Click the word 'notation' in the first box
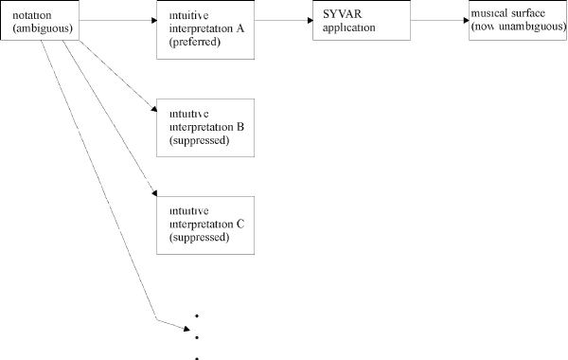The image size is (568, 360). [x=32, y=15]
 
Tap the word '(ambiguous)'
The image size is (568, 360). [x=43, y=28]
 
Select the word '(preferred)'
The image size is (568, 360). [x=195, y=42]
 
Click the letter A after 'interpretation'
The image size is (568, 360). [x=240, y=28]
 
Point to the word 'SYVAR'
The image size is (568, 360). [x=343, y=14]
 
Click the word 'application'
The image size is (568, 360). [x=348, y=27]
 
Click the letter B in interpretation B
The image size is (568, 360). [x=240, y=127]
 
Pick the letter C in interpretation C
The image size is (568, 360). [x=240, y=224]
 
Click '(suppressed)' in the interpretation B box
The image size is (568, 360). [x=199, y=140]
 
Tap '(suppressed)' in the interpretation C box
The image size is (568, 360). [x=199, y=238]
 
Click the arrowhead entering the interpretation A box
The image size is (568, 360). [x=154, y=20]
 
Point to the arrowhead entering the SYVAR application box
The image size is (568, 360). [x=311, y=20]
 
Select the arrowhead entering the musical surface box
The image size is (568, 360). [x=467, y=20]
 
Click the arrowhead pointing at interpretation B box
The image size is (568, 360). [x=154, y=109]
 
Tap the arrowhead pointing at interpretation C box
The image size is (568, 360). [x=154, y=193]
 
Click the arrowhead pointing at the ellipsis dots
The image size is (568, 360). [x=186, y=329]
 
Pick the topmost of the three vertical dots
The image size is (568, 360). [x=197, y=316]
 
